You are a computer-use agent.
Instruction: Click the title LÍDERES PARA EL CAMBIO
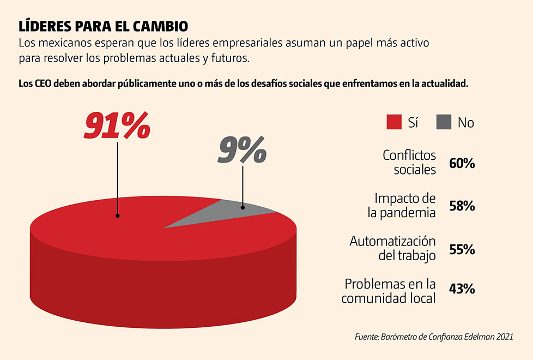[x=104, y=26]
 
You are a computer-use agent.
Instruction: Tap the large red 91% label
[x=117, y=125]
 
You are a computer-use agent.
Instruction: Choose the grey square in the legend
[x=444, y=122]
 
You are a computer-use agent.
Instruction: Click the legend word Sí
[x=413, y=123]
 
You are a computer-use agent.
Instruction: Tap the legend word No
[x=465, y=123]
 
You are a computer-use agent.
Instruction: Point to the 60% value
[x=462, y=163]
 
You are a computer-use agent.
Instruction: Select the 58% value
[x=462, y=206]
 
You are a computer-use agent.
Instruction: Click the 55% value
[x=462, y=249]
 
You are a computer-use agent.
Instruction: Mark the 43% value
[x=462, y=289]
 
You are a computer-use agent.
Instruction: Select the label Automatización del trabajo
[x=393, y=248]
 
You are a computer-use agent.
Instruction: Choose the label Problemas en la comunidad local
[x=390, y=291]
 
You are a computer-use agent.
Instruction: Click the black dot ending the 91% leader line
[x=118, y=216]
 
